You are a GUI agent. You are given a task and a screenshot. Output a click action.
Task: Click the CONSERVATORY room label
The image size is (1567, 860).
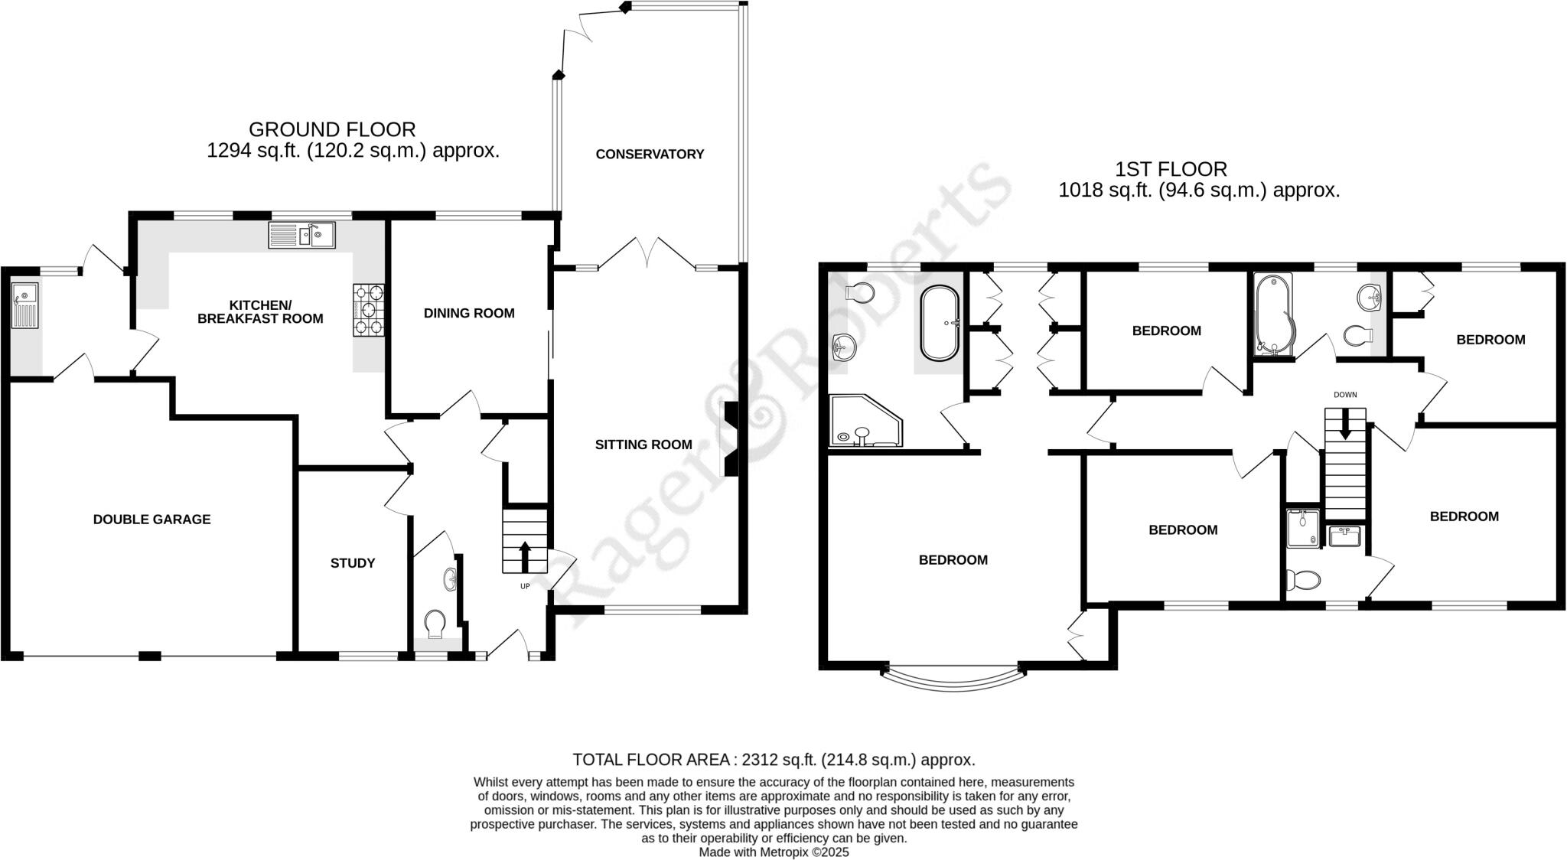pyautogui.click(x=650, y=154)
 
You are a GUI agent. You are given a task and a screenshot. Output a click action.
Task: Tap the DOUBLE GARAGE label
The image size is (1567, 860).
pyautogui.click(x=151, y=520)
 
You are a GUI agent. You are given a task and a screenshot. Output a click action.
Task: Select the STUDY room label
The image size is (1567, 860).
pyautogui.click(x=353, y=563)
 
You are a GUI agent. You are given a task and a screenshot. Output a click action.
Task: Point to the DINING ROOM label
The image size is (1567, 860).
pyautogui.click(x=469, y=313)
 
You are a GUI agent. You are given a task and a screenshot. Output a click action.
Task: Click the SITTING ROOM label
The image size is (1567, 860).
pyautogui.click(x=643, y=445)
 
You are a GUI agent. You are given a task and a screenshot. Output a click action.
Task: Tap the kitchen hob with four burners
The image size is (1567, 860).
pyautogui.click(x=369, y=310)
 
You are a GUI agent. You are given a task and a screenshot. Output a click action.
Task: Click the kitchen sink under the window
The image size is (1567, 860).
pyautogui.click(x=302, y=235)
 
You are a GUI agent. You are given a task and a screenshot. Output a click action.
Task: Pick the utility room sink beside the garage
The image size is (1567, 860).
pyautogui.click(x=25, y=304)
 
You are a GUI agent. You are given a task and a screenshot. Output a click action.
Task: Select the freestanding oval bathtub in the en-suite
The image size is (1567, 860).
pyautogui.click(x=939, y=323)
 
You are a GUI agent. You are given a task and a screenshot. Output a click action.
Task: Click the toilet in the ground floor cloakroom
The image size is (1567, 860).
pyautogui.click(x=435, y=622)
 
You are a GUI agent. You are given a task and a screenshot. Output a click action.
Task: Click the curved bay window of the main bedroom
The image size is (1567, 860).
pyautogui.click(x=953, y=679)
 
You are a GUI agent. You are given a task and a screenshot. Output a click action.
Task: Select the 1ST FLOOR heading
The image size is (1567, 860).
pyautogui.click(x=1171, y=169)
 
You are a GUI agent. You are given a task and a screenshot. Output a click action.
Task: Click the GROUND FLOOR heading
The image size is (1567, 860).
pyautogui.click(x=332, y=129)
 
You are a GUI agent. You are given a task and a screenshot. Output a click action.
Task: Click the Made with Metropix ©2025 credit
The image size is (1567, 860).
pyautogui.click(x=774, y=852)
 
